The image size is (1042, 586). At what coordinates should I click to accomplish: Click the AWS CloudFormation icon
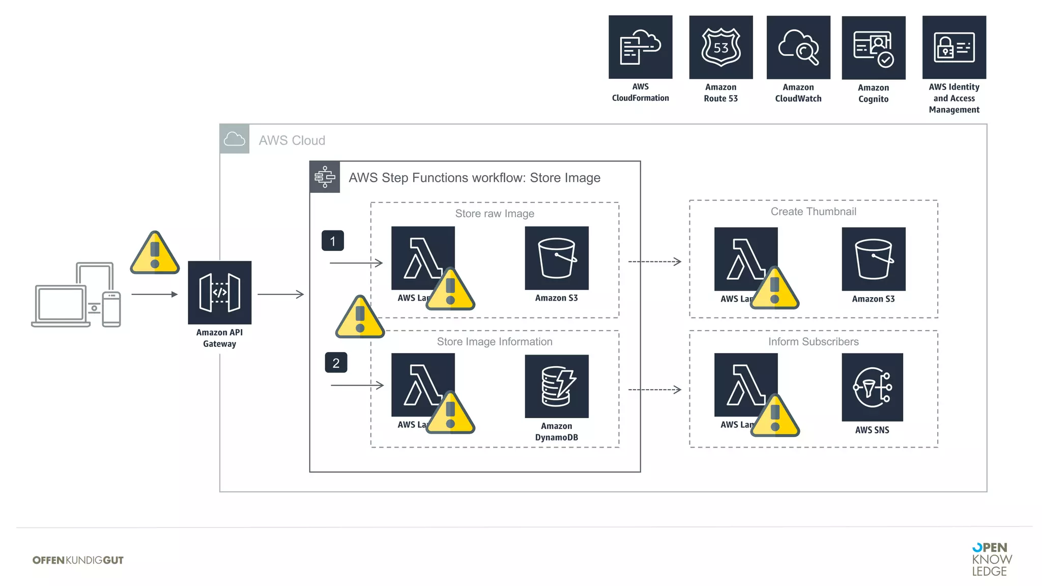tap(640, 47)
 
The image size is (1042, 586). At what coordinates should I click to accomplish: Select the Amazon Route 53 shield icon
tap(720, 47)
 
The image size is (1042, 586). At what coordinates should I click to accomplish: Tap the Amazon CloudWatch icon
tap(798, 47)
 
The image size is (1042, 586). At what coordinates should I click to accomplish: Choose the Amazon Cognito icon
tap(873, 48)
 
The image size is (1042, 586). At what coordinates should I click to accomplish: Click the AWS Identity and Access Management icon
tap(953, 47)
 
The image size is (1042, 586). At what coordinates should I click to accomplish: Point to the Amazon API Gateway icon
tap(219, 292)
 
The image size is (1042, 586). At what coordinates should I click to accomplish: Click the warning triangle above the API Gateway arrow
tap(155, 254)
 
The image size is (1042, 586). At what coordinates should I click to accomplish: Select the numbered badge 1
tap(332, 241)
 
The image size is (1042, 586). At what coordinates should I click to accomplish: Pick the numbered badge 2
tap(336, 363)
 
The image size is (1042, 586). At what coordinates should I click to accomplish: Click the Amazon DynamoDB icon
tap(556, 387)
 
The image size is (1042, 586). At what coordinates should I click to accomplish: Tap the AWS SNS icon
tap(872, 387)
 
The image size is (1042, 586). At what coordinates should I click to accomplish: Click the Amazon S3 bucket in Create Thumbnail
tap(873, 259)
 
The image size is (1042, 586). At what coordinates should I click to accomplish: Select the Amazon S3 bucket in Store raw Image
tap(556, 258)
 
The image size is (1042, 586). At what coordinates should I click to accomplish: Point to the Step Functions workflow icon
tap(325, 177)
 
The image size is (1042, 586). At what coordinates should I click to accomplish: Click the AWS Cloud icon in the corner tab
tap(235, 139)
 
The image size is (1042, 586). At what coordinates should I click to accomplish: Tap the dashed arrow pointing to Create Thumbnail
tap(654, 261)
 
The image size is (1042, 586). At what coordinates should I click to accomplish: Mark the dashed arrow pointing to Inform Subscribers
tap(654, 390)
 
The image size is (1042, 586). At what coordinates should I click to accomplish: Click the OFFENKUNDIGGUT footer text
tap(78, 560)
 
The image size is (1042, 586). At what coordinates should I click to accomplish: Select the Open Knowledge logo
tap(991, 559)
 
